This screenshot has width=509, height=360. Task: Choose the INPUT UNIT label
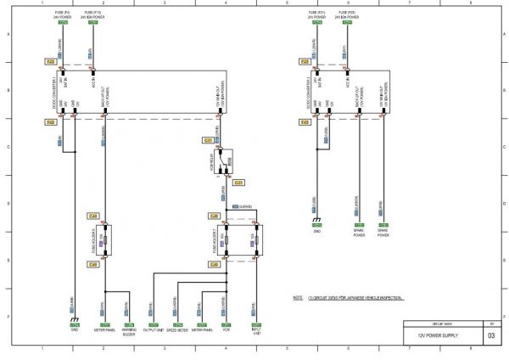point(255,333)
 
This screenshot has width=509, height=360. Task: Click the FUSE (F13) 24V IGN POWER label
point(92,14)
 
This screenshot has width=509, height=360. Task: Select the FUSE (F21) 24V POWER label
point(317,14)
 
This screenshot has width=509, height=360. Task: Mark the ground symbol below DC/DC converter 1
point(75,320)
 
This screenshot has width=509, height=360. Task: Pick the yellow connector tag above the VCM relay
point(209,139)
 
